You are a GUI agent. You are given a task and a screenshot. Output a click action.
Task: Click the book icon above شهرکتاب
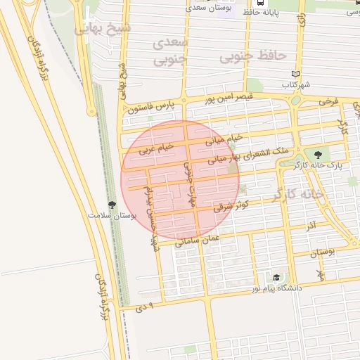[x=295, y=74]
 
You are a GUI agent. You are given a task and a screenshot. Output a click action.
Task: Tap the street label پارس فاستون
[x=150, y=108]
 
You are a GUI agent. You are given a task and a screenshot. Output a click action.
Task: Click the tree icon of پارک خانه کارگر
[x=319, y=155]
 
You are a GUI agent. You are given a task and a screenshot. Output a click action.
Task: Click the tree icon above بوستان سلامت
[x=111, y=204]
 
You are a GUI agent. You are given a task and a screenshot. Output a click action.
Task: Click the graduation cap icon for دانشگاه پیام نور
[x=276, y=278]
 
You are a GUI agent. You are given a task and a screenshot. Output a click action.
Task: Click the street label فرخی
[x=328, y=101]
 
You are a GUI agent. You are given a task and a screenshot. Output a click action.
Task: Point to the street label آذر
[x=311, y=226]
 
